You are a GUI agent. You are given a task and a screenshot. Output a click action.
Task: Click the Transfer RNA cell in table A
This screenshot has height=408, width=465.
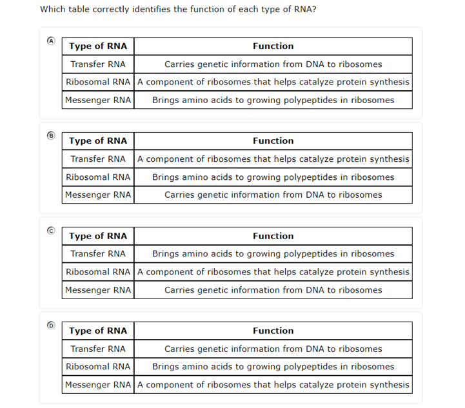click(x=98, y=64)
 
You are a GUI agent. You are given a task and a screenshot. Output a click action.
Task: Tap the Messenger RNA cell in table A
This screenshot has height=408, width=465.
click(x=98, y=100)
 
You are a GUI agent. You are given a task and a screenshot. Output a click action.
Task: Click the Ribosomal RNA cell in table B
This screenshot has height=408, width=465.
click(x=98, y=177)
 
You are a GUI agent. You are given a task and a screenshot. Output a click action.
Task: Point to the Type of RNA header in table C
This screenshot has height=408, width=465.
click(x=98, y=236)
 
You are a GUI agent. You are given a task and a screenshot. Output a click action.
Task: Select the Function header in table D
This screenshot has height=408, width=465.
click(x=273, y=331)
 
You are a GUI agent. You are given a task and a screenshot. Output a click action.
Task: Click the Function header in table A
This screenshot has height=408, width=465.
click(x=273, y=46)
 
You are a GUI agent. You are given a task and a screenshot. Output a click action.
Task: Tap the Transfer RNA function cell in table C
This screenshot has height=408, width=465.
click(x=273, y=254)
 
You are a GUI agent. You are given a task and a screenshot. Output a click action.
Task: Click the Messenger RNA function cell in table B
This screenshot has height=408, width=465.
click(x=273, y=195)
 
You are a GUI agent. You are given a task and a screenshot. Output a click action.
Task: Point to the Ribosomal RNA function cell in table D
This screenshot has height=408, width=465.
click(x=273, y=367)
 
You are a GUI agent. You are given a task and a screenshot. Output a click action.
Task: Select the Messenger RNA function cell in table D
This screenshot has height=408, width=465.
click(x=273, y=385)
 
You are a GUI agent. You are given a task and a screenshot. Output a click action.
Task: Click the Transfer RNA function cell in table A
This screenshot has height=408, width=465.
click(x=273, y=64)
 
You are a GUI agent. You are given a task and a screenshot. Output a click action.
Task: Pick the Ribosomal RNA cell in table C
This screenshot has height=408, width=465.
click(x=98, y=272)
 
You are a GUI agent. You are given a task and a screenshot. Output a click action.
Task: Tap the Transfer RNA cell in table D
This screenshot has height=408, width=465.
click(x=98, y=349)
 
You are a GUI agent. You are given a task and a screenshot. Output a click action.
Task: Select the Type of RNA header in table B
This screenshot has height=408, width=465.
click(x=98, y=141)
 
